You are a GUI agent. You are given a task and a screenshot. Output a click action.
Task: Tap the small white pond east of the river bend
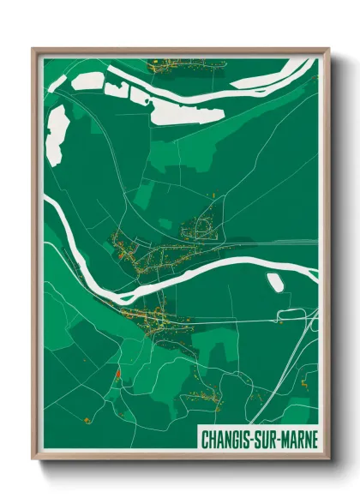tap(275, 282)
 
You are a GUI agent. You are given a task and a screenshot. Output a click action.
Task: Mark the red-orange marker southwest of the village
tap(115, 374)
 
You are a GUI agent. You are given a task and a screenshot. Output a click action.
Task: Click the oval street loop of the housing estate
tap(204, 227)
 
